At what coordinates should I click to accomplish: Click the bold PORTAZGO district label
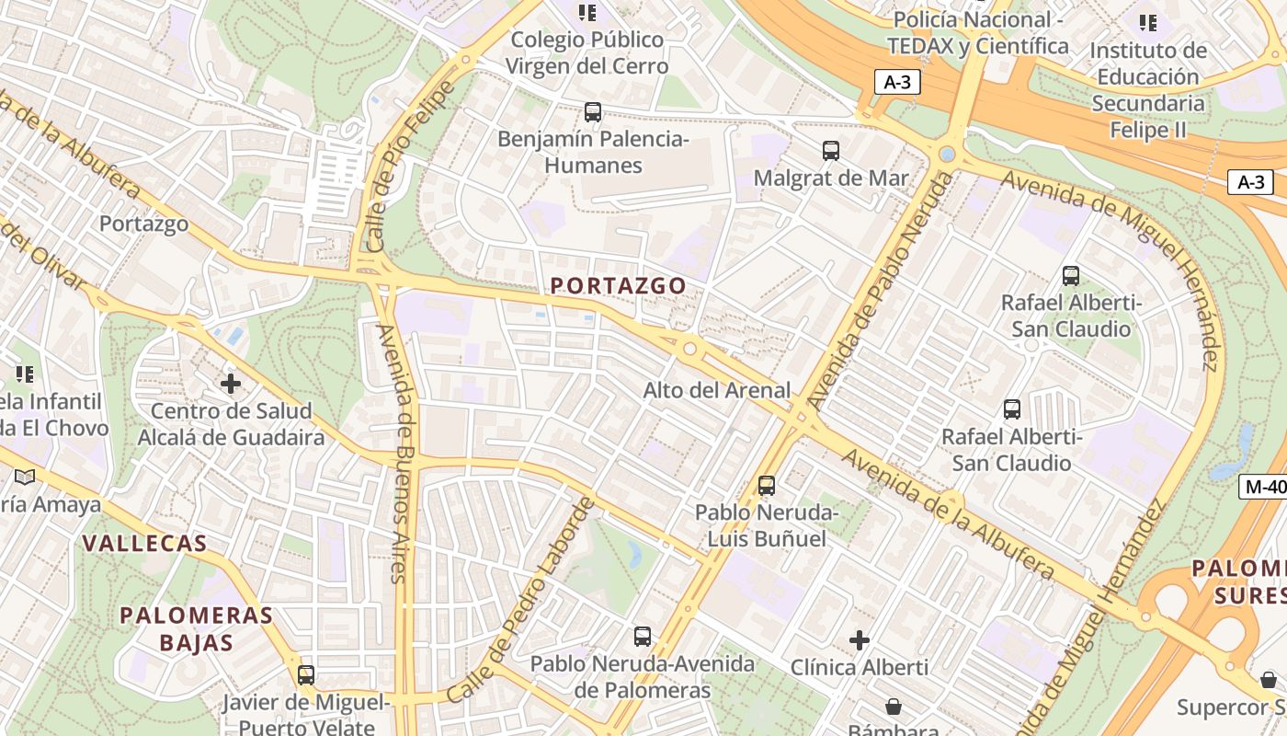(x=619, y=286)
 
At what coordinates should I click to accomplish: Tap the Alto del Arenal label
(x=716, y=390)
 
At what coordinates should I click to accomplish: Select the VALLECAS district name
(x=145, y=543)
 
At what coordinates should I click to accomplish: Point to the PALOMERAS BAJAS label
(x=197, y=628)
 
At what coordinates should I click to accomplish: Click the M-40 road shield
(x=1263, y=487)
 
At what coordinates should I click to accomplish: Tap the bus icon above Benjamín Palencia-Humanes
(x=593, y=112)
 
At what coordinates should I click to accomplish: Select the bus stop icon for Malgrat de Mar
(x=831, y=151)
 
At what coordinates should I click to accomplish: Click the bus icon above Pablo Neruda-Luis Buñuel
(x=767, y=485)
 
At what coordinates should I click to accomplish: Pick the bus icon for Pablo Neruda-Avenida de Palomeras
(x=643, y=636)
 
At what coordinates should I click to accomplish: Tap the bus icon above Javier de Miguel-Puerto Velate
(x=306, y=674)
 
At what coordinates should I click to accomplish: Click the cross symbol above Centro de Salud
(x=231, y=383)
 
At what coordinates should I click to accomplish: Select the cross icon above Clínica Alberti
(x=860, y=639)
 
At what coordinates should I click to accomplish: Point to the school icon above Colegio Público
(x=587, y=13)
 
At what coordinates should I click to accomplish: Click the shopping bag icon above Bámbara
(x=893, y=707)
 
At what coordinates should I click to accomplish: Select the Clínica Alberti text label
(x=860, y=667)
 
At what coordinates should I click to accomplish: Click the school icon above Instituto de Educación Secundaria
(x=1147, y=22)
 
